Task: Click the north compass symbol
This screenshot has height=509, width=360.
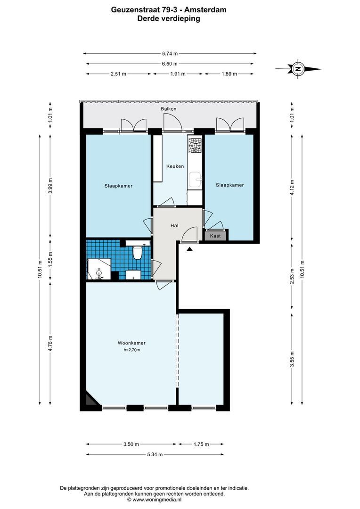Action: [x=298, y=69]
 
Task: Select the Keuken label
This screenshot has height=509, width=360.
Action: [x=175, y=166]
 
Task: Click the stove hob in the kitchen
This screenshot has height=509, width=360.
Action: [x=195, y=145]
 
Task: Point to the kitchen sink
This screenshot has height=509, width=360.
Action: [x=195, y=179]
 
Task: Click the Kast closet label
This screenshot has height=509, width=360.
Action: [x=215, y=236]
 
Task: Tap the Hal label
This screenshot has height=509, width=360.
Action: [x=174, y=226]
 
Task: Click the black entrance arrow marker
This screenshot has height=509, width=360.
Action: [x=189, y=249]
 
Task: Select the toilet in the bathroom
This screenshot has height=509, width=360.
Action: [x=138, y=254]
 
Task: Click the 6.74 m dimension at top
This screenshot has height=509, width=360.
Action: [x=170, y=54]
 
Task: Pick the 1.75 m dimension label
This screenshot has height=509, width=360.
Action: [x=201, y=444]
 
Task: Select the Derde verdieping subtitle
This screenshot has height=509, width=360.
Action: [x=168, y=19]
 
